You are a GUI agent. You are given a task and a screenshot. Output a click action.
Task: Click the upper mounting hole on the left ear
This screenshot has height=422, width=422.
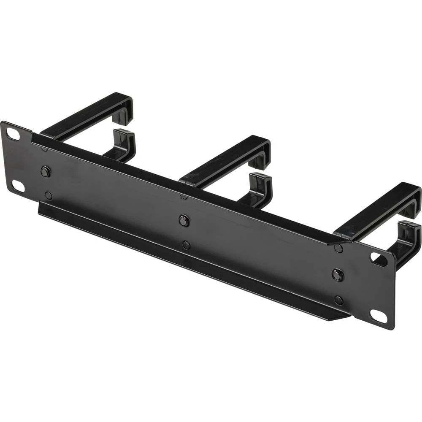pos(13,134)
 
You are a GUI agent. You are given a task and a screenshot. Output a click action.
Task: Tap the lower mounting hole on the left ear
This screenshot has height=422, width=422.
pos(18,186)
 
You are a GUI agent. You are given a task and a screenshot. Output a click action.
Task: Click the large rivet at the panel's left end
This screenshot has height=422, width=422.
pos(45,171)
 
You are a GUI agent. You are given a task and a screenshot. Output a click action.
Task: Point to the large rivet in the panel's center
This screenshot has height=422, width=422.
pos(184,220)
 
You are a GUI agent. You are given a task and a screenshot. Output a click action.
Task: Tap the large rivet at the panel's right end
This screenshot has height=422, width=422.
pos(338,275)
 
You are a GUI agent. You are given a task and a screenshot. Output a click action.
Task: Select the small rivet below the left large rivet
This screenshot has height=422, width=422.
pos(49,195)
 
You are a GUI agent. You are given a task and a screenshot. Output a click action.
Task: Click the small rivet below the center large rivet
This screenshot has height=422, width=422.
pos(186,245)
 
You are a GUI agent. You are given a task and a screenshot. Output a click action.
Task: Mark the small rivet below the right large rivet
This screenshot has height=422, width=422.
pos(338,300)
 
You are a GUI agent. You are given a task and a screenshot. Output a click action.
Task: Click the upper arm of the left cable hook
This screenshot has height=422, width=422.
pos(84,116)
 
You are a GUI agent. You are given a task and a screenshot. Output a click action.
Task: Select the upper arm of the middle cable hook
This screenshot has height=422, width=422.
pos(224,160)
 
